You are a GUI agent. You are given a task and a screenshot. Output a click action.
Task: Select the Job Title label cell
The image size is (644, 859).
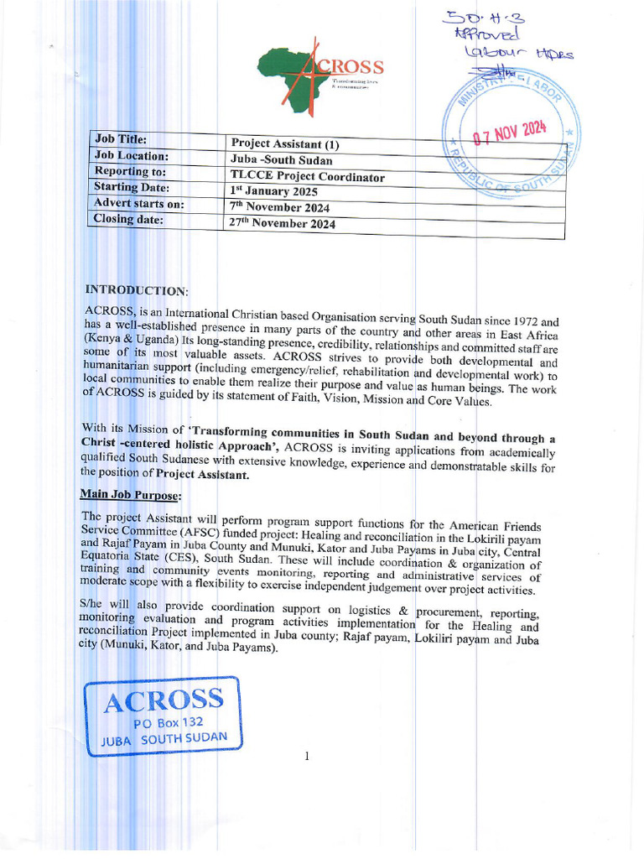coord(122,139)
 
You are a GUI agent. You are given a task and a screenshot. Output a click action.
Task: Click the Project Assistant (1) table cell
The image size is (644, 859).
coord(285,144)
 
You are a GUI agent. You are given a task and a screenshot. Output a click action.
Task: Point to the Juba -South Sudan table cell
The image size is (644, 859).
coord(281,160)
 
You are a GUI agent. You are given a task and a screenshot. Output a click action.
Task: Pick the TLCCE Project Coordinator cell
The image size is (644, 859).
coord(307,177)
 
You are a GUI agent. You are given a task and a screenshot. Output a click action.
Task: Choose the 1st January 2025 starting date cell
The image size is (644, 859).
coord(275,192)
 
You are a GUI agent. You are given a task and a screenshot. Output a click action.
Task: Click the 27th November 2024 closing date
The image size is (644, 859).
coord(283,224)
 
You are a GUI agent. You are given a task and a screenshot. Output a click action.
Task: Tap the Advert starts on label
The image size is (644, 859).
coord(138,204)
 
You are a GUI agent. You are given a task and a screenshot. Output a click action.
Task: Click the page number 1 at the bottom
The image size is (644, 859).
coord(308,757)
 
